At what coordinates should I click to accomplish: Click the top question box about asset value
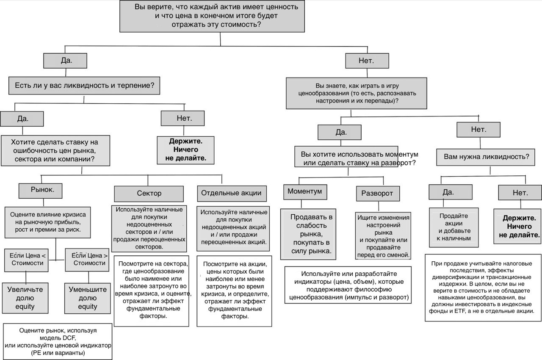[212, 16]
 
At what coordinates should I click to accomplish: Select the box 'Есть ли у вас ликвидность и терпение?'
[84, 86]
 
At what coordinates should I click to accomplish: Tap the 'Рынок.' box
[40, 191]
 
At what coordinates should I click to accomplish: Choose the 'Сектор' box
[149, 194]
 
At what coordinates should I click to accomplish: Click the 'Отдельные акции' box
[232, 193]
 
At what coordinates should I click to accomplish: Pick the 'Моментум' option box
[305, 192]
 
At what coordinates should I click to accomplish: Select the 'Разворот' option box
[378, 194]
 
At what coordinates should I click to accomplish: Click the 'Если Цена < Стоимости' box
[26, 260]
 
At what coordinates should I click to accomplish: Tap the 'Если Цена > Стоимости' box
[87, 260]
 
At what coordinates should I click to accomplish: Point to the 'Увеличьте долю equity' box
[25, 298]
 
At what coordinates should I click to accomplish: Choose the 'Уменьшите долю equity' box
[87, 298]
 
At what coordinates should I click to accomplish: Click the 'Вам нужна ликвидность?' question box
[486, 157]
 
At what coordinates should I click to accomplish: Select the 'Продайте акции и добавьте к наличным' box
[454, 227]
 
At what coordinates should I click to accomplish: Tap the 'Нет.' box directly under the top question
[367, 61]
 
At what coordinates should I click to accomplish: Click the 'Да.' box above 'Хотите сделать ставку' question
[22, 119]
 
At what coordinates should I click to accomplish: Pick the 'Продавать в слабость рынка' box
[308, 234]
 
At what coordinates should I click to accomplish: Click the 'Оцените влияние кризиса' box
[48, 222]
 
